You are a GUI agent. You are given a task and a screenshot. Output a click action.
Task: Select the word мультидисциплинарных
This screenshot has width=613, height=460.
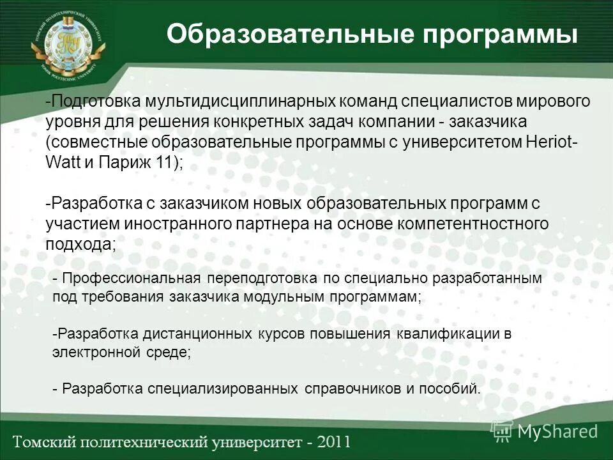click(250, 102)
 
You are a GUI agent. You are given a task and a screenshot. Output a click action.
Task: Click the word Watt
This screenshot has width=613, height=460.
click(62, 161)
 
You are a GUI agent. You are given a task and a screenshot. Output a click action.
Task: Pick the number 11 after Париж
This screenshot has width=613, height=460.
click(165, 161)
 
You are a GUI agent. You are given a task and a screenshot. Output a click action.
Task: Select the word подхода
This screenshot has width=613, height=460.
click(79, 243)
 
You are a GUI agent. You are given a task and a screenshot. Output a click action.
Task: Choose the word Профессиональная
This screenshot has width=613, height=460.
click(132, 279)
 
